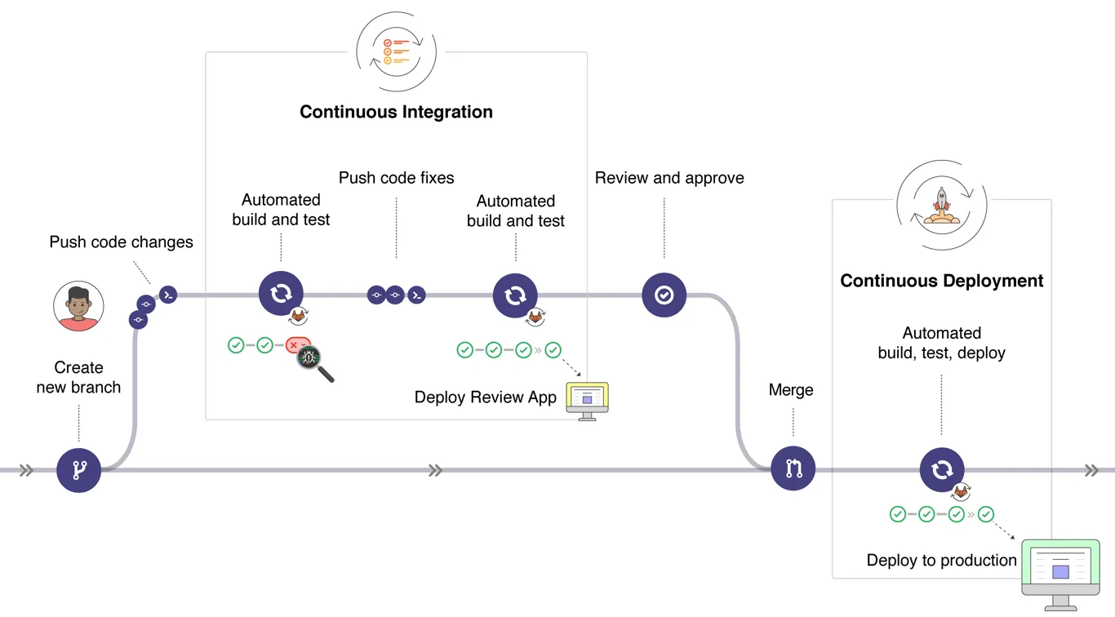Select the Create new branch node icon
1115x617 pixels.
78,470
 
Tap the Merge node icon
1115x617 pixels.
793,468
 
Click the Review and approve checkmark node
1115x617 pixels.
664,295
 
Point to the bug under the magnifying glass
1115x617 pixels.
309,357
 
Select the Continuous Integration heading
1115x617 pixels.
396,112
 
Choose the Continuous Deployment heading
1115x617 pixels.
941,281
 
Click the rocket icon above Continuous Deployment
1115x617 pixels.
941,204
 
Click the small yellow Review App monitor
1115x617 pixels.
588,400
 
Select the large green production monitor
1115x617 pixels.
1060,574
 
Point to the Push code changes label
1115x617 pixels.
121,242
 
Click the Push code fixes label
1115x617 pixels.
396,178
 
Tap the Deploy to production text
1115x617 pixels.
941,561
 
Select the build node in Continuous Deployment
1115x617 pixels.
942,470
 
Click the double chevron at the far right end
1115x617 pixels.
1091,470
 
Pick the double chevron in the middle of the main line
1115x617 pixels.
435,470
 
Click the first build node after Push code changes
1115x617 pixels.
281,294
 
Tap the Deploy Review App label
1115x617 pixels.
485,397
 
